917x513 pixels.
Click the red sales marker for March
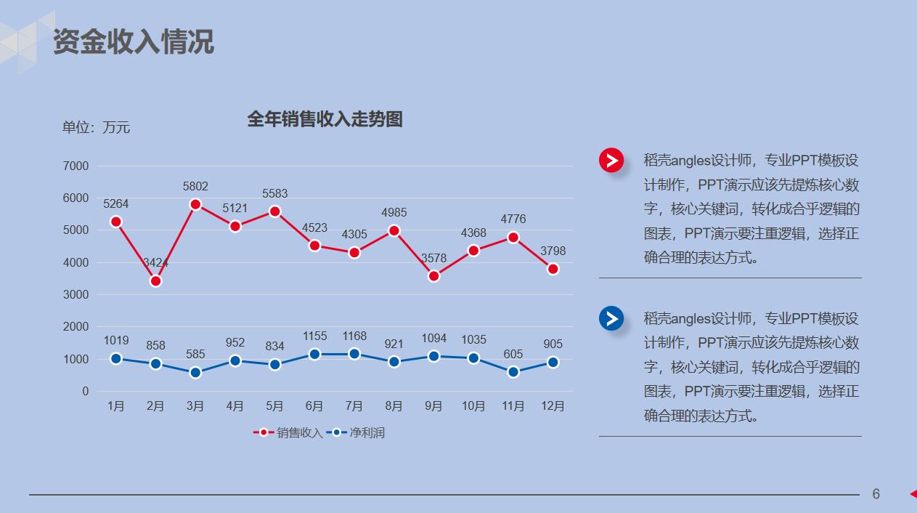(195, 204)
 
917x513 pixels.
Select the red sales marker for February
(155, 280)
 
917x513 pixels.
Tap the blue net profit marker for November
(513, 372)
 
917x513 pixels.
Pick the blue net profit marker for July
(354, 354)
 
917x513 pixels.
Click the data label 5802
(195, 187)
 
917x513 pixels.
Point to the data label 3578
(433, 259)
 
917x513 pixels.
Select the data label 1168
(354, 336)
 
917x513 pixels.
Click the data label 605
(513, 355)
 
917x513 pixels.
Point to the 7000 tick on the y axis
(76, 166)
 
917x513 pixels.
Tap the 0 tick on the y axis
(85, 392)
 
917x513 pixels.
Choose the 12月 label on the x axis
(553, 406)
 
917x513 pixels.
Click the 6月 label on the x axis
(314, 406)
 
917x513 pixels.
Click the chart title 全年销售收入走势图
(325, 120)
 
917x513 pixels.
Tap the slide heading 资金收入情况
(134, 42)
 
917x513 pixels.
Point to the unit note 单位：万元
(96, 128)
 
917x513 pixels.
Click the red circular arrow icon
(611, 160)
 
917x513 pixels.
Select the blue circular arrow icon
(611, 318)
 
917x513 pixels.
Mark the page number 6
(876, 494)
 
